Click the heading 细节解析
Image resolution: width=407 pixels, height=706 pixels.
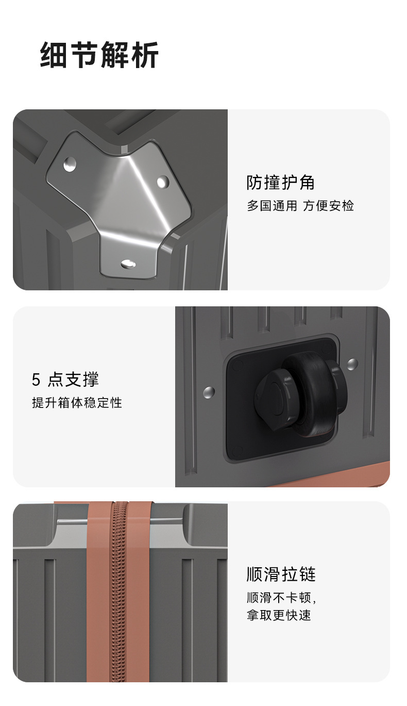[x=99, y=55]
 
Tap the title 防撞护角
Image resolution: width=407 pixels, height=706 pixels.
[x=280, y=183]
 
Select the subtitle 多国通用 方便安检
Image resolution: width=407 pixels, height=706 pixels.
[x=300, y=206]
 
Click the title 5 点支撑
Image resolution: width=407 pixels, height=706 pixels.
[x=65, y=380]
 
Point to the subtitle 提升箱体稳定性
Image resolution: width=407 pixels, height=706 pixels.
[x=77, y=403]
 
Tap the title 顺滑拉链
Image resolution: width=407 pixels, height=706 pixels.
[x=281, y=574]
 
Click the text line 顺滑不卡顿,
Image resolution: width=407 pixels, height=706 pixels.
[x=281, y=598]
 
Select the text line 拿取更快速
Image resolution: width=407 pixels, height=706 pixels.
[x=279, y=615]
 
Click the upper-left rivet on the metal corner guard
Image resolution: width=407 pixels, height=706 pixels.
[x=70, y=165]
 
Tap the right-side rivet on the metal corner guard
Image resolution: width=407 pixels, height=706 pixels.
[x=162, y=182]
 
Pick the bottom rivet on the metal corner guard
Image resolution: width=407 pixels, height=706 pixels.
[x=128, y=264]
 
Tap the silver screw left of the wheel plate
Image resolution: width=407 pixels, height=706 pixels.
[x=209, y=392]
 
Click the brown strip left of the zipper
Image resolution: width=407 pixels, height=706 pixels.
[x=98, y=593]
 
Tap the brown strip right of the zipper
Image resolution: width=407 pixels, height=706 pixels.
[x=139, y=593]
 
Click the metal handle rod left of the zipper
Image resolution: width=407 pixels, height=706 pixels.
[x=72, y=522]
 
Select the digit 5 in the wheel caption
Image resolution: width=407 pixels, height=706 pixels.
[x=36, y=380]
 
